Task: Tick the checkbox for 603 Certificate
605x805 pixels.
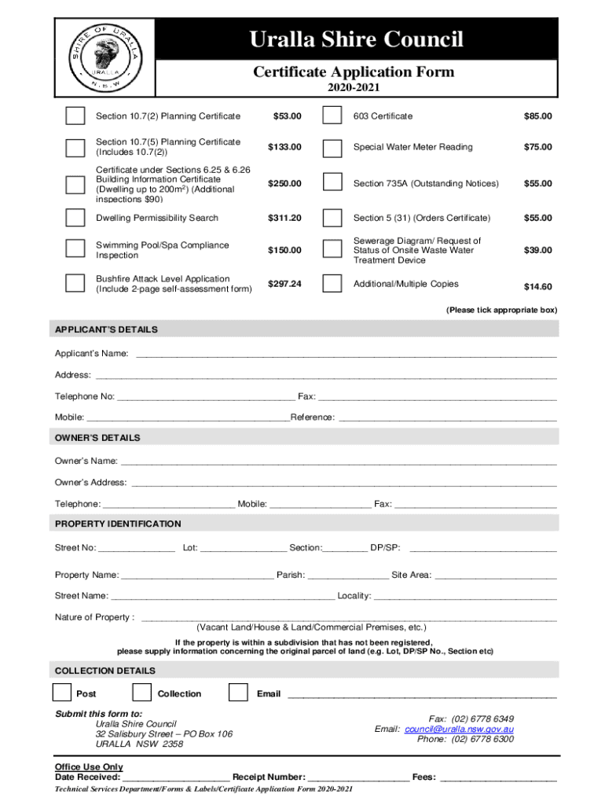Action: pos(332,116)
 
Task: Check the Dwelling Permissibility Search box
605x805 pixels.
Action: pos(75,218)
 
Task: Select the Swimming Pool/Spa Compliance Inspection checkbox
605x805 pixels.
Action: pos(75,250)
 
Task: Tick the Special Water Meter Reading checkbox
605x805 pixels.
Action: pos(332,147)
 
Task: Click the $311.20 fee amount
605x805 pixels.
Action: pos(284,218)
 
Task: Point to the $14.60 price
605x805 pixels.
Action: pos(538,287)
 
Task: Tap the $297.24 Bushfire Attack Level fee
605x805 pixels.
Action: pos(284,284)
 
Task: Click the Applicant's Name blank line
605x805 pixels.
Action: pos(346,355)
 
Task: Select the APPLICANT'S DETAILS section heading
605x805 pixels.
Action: pos(106,329)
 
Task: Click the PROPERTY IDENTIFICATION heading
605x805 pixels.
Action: pos(118,524)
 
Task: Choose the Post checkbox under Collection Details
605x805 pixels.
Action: pos(62,693)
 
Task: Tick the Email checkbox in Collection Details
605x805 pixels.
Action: pos(238,693)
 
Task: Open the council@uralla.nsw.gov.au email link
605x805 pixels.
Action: pos(459,730)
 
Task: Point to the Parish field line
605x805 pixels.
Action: pos(347,575)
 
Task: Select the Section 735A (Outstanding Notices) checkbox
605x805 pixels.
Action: pos(332,183)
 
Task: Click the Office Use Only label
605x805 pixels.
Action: pos(89,767)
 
